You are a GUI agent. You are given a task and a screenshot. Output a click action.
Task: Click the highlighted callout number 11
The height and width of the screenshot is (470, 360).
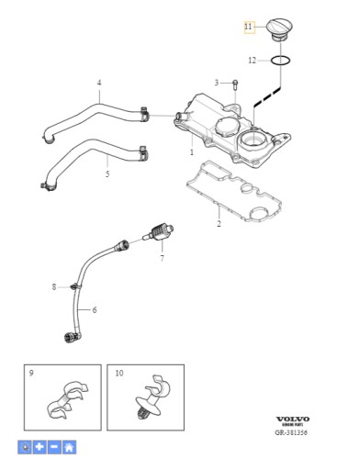click(248, 28)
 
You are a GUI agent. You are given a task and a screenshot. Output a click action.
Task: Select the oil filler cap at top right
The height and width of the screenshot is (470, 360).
click(280, 27)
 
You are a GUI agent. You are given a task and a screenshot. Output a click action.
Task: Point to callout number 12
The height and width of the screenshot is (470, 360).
click(253, 61)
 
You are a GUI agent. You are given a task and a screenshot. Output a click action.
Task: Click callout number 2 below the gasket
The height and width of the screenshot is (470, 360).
click(219, 224)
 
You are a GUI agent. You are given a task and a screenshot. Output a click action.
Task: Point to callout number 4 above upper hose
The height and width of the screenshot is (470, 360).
click(99, 84)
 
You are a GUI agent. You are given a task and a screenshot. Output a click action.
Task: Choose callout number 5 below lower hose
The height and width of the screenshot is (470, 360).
click(107, 173)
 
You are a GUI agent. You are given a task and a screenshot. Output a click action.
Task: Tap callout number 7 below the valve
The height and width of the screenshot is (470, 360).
click(162, 260)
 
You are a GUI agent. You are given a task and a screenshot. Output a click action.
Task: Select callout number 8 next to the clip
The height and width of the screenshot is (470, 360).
click(54, 287)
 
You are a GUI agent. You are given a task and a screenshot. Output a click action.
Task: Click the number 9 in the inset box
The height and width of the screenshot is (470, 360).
click(31, 373)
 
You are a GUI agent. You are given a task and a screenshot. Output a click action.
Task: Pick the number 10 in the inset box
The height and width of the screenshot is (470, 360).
click(119, 373)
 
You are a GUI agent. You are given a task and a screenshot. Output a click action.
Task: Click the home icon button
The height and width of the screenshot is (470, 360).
click(69, 447)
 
